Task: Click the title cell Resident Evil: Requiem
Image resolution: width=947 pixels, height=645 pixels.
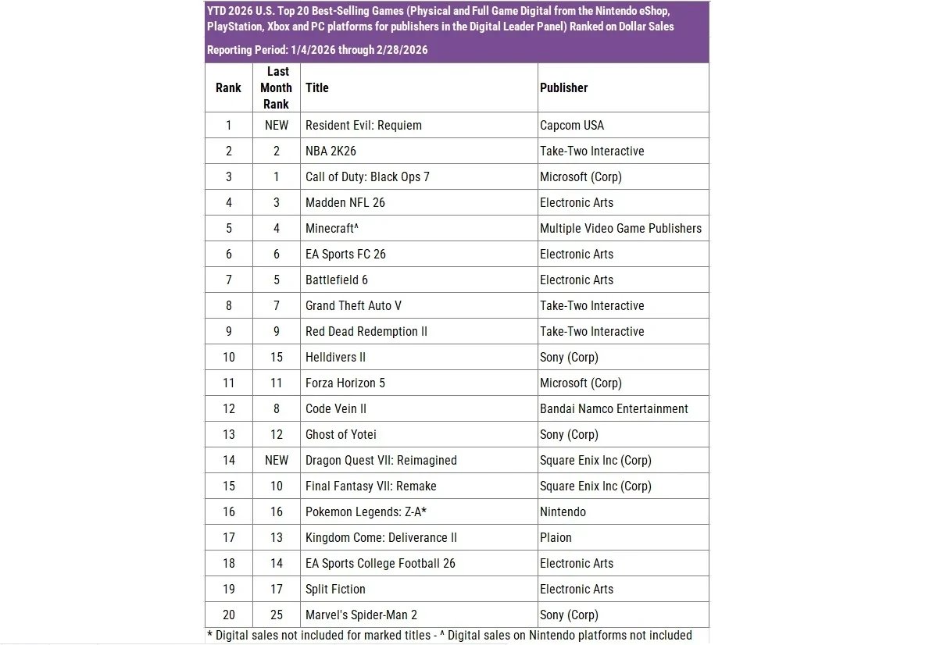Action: tap(363, 125)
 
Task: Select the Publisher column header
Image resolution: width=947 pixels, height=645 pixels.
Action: tap(563, 87)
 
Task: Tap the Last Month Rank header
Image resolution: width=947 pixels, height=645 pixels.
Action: tap(276, 87)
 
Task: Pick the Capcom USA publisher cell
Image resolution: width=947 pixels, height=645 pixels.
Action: tap(571, 125)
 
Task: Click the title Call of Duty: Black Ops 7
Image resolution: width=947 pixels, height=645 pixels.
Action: tap(367, 176)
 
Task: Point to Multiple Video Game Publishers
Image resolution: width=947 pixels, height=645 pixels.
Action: tap(620, 228)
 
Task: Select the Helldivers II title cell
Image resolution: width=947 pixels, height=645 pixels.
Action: tap(335, 357)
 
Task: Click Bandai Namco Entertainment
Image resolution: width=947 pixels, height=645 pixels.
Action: tap(613, 408)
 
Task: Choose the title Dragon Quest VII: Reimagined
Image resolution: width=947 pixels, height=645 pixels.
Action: tap(381, 460)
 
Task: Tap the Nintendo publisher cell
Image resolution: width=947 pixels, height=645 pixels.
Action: tap(563, 511)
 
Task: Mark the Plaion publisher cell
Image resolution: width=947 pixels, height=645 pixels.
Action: tap(556, 537)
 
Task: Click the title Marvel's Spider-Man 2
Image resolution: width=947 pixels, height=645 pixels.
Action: tap(366, 615)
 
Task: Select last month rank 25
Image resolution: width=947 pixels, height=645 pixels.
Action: tap(276, 615)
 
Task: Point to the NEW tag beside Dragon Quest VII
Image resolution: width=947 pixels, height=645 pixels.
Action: tap(276, 460)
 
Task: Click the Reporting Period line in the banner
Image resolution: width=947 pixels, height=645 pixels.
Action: tap(316, 50)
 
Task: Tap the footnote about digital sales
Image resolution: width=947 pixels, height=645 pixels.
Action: tap(449, 635)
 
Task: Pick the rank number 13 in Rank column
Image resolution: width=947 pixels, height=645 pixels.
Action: tap(228, 434)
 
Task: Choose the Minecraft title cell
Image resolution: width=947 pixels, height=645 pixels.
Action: tap(331, 228)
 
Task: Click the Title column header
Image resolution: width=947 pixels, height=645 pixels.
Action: tap(316, 87)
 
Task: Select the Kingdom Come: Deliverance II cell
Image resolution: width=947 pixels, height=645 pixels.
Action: tap(381, 537)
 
